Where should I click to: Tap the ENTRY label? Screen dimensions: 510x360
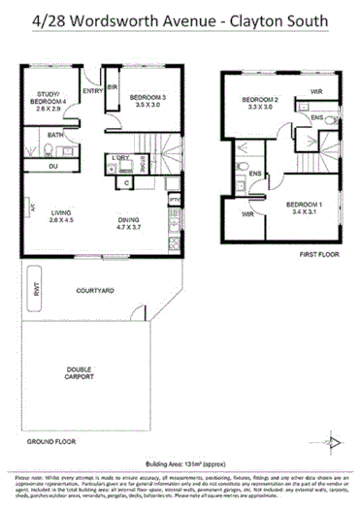click(x=93, y=91)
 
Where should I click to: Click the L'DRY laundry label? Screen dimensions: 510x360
click(x=121, y=157)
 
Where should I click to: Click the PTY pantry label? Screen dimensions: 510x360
click(x=174, y=200)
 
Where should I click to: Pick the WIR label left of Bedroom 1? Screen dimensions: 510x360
click(x=248, y=213)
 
